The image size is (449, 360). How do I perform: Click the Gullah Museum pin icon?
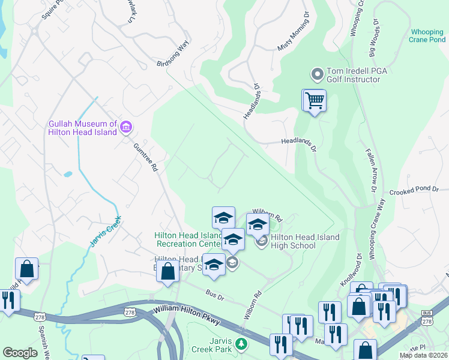126,126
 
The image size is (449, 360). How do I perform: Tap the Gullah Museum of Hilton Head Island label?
83,128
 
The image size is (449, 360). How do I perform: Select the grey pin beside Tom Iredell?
316,74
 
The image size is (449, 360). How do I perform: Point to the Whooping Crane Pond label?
428,36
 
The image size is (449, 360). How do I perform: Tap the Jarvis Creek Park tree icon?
241,344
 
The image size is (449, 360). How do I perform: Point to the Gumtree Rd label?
146,158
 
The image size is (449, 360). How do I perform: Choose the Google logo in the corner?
20,353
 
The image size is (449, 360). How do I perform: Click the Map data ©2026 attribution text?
423,355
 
